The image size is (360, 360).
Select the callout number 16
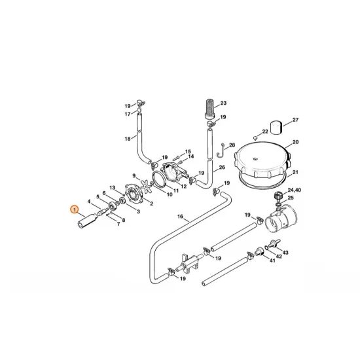(179, 217)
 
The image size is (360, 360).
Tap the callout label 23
(223, 103)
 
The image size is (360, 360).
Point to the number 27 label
(295, 120)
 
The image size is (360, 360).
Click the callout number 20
(295, 142)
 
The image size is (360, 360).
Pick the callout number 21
(295, 172)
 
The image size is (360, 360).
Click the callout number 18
(128, 139)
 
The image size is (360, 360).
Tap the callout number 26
(222, 168)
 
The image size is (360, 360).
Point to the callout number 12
(184, 187)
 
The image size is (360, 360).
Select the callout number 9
(134, 176)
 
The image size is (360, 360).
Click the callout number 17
(128, 114)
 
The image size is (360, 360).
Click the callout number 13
(113, 189)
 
